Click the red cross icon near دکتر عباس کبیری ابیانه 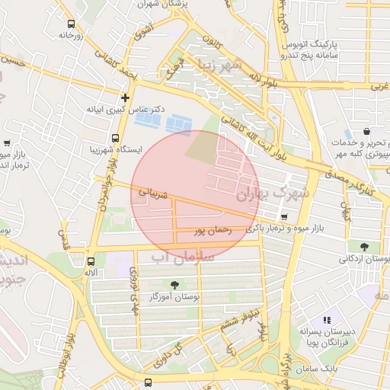tap(126, 97)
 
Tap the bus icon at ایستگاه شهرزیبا tap(114, 139)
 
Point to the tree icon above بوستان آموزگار tap(175, 284)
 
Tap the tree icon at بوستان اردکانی tap(365, 247)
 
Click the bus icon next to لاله tap(91, 261)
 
